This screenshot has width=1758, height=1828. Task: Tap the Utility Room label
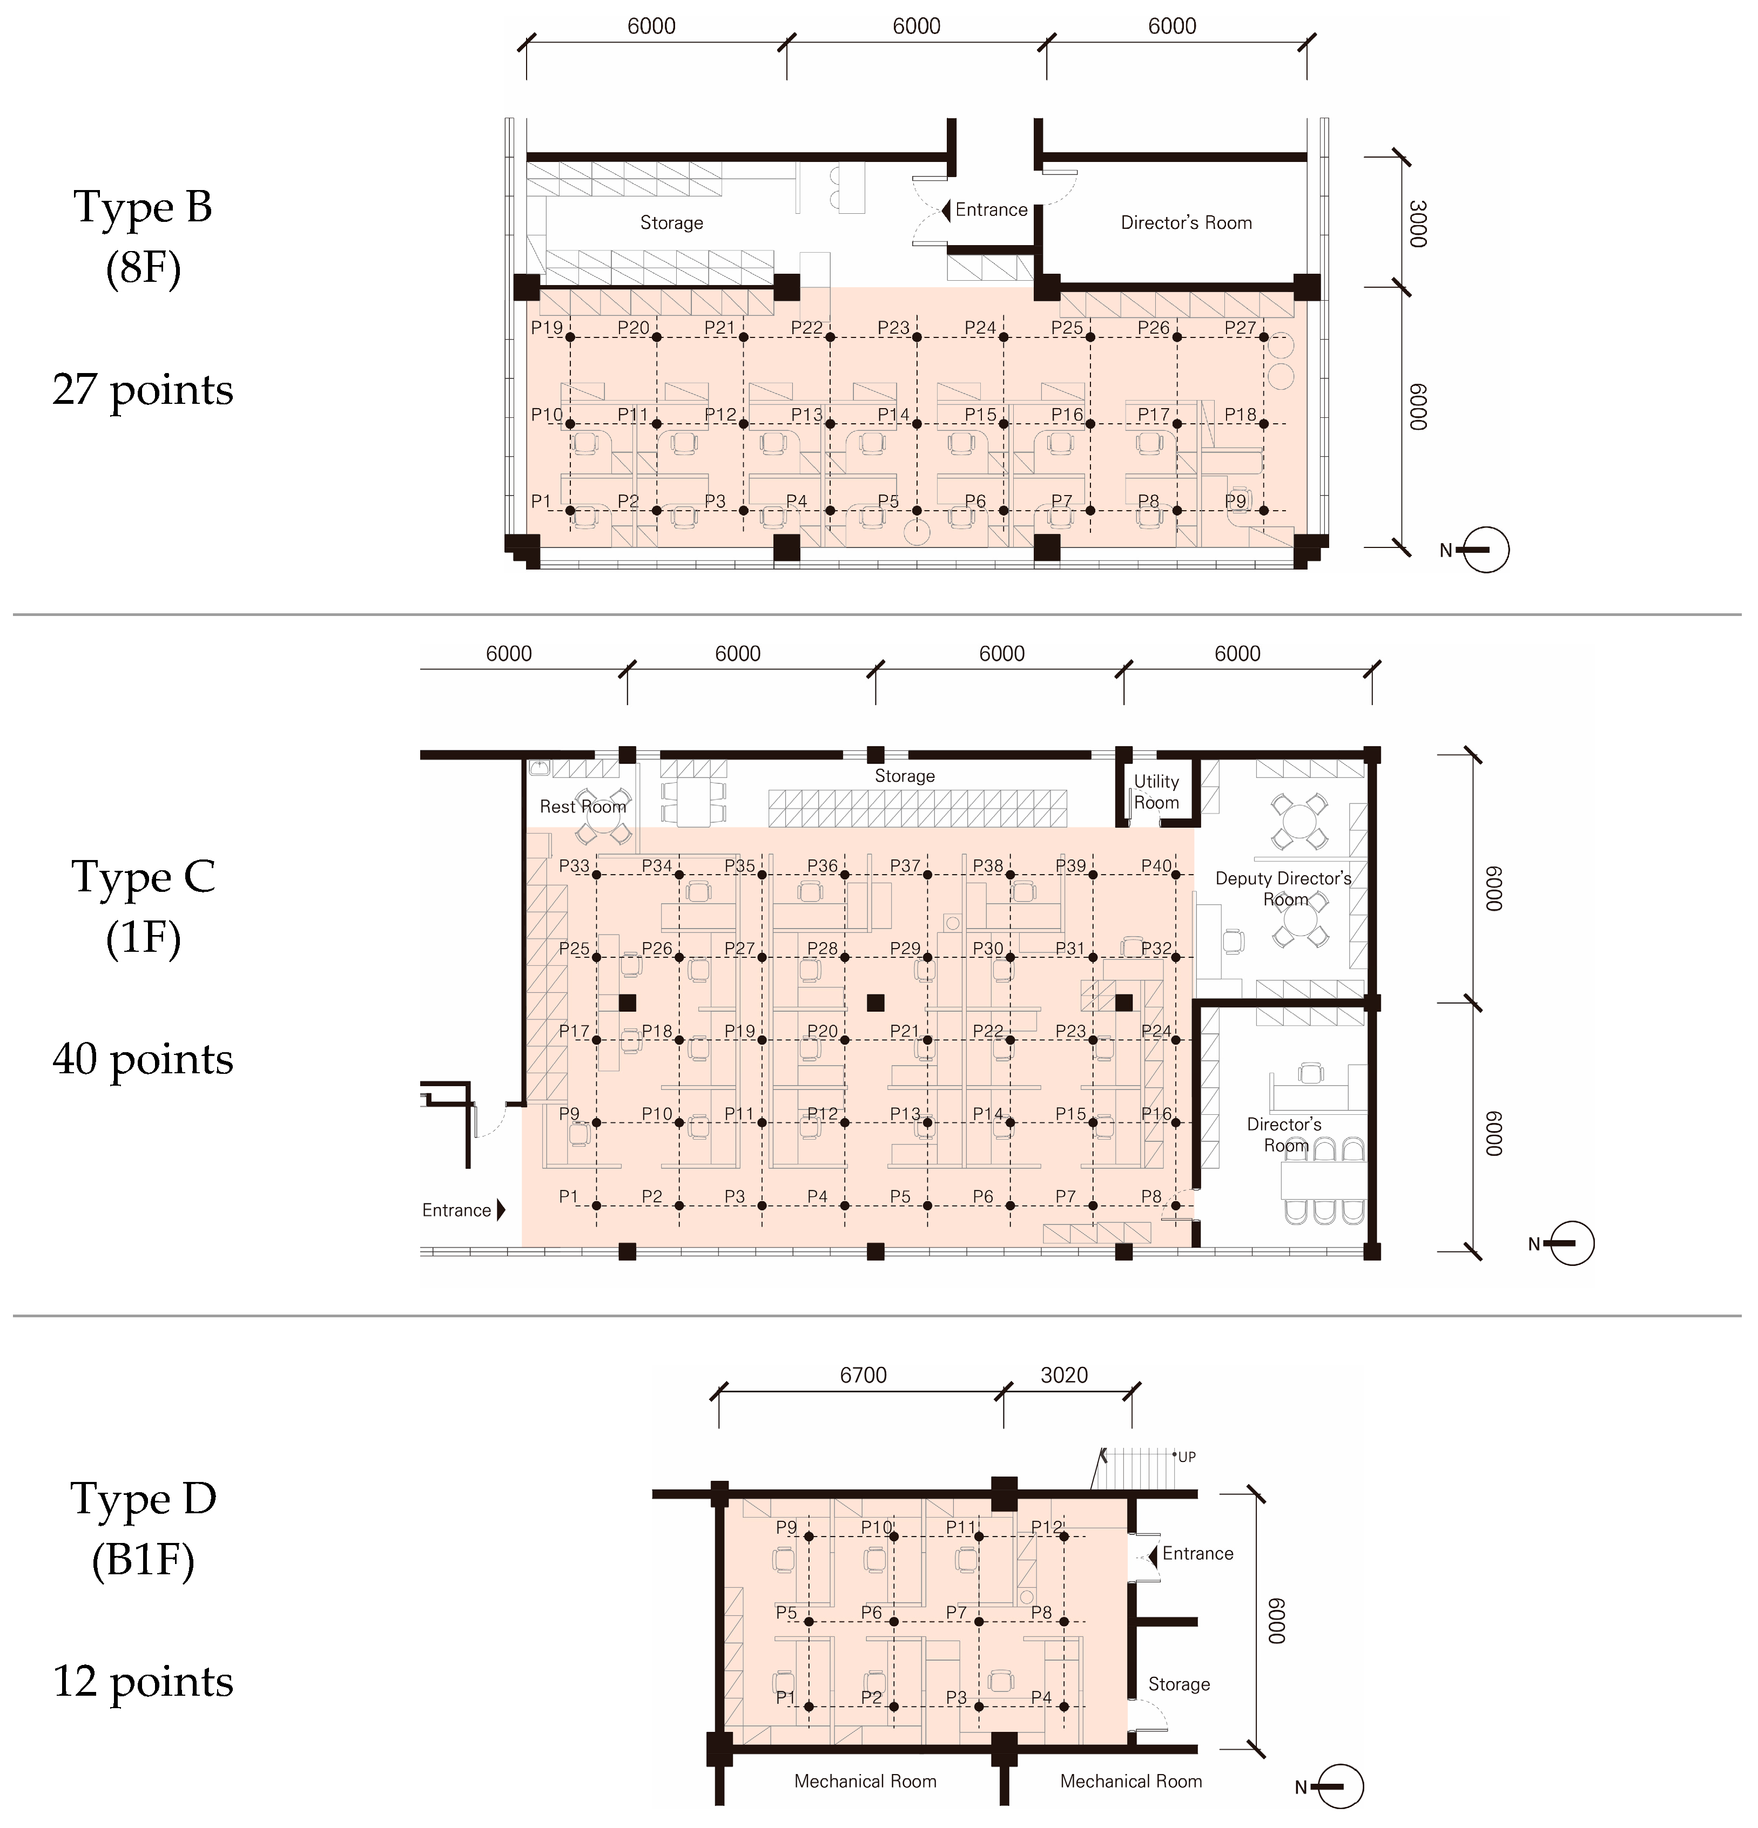pos(1156,792)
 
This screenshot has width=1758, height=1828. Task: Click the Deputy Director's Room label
pos(1283,889)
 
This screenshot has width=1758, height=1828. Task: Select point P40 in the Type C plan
pos(1176,875)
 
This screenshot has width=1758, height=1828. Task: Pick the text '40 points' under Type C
pos(143,1059)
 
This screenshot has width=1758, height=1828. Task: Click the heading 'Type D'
pos(143,1499)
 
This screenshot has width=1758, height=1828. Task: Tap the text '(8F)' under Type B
pos(143,268)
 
